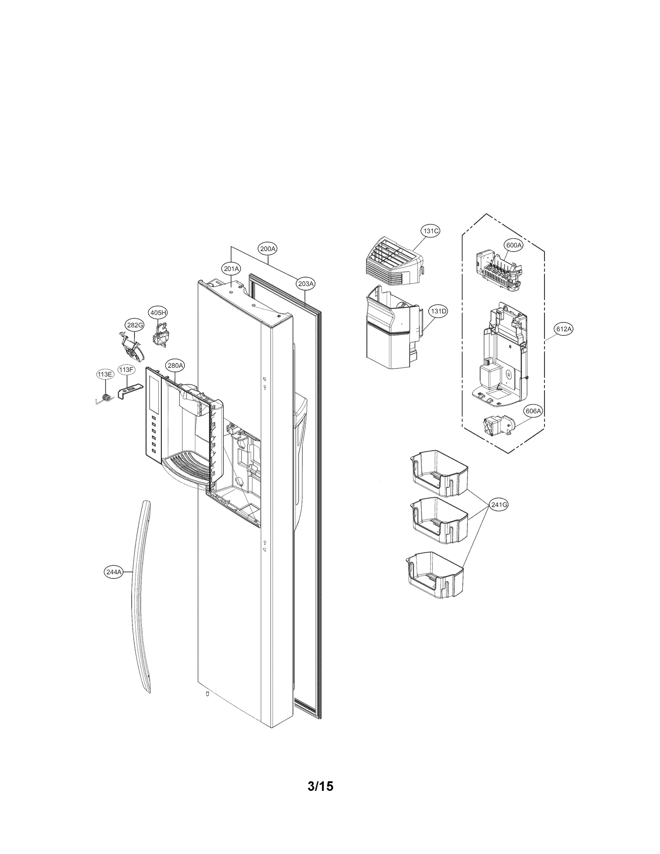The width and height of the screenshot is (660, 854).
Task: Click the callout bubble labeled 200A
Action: click(x=268, y=249)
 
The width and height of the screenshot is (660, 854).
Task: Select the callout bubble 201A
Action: click(x=231, y=269)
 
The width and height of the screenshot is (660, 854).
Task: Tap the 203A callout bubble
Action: click(x=306, y=284)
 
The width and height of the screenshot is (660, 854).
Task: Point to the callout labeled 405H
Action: click(x=158, y=313)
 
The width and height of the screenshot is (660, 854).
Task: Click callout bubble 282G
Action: click(x=134, y=325)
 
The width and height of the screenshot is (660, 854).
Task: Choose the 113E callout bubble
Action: click(x=104, y=374)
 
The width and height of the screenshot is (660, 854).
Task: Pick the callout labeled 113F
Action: click(x=126, y=369)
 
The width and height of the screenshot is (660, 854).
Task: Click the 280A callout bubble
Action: click(x=175, y=365)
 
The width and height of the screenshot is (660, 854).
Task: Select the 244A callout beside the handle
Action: click(x=113, y=572)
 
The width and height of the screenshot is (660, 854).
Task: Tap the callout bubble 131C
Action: click(x=430, y=231)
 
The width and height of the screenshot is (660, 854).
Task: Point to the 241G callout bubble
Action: click(x=499, y=504)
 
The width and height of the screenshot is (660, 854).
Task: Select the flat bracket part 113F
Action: click(x=129, y=389)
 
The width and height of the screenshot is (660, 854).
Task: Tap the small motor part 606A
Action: click(x=497, y=426)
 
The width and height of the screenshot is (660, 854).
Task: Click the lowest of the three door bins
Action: click(x=435, y=576)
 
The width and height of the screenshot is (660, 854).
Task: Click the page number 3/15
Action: click(x=321, y=798)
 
